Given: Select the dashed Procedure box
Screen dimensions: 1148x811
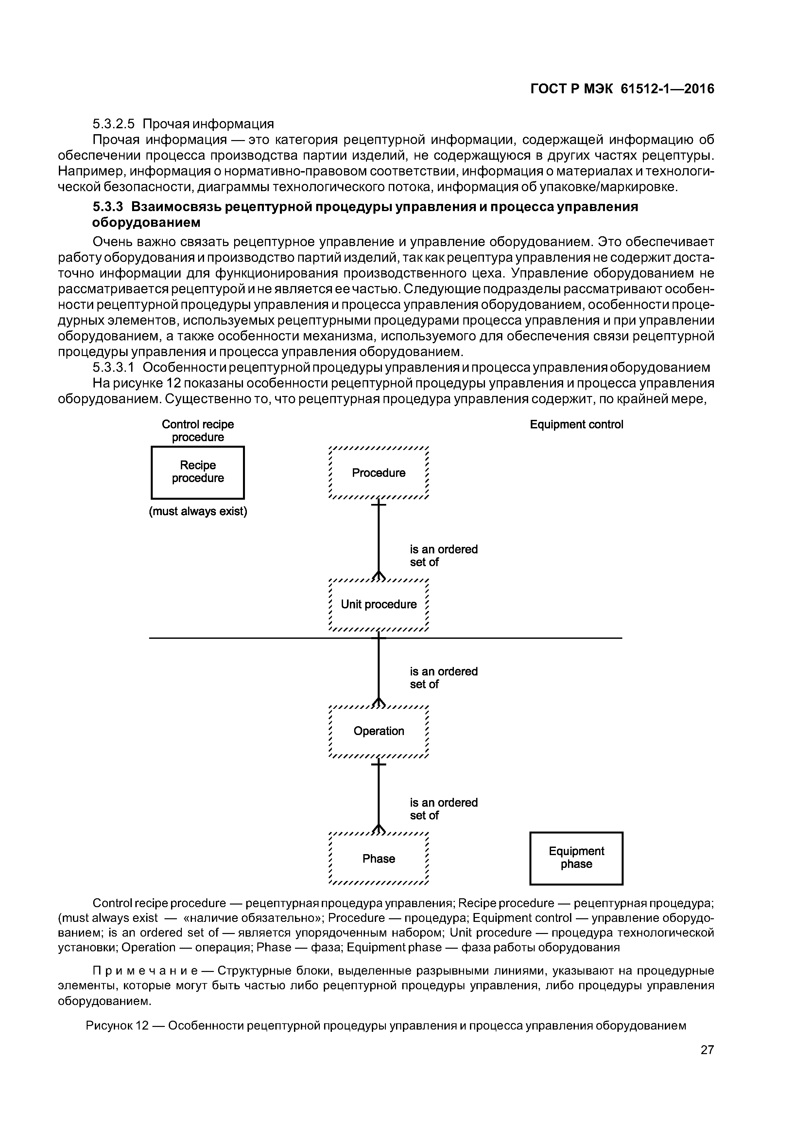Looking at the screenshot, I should [379, 473].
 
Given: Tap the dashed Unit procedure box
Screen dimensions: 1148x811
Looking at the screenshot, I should [379, 604].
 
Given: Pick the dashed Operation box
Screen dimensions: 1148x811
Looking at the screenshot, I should [379, 731].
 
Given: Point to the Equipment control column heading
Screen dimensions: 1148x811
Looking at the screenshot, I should [576, 424].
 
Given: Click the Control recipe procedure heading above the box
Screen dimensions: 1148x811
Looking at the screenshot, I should [198, 431].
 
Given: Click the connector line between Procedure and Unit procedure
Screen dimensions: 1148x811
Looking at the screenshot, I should [379, 537].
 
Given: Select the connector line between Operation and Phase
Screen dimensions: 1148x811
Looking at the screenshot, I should [379, 795].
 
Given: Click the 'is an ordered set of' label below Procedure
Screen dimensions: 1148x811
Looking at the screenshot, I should [443, 555].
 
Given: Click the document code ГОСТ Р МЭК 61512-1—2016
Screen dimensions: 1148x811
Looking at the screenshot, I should [622, 89].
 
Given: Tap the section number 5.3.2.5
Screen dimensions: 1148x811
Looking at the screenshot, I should [114, 123].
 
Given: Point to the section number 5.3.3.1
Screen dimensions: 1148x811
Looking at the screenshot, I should [114, 368].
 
